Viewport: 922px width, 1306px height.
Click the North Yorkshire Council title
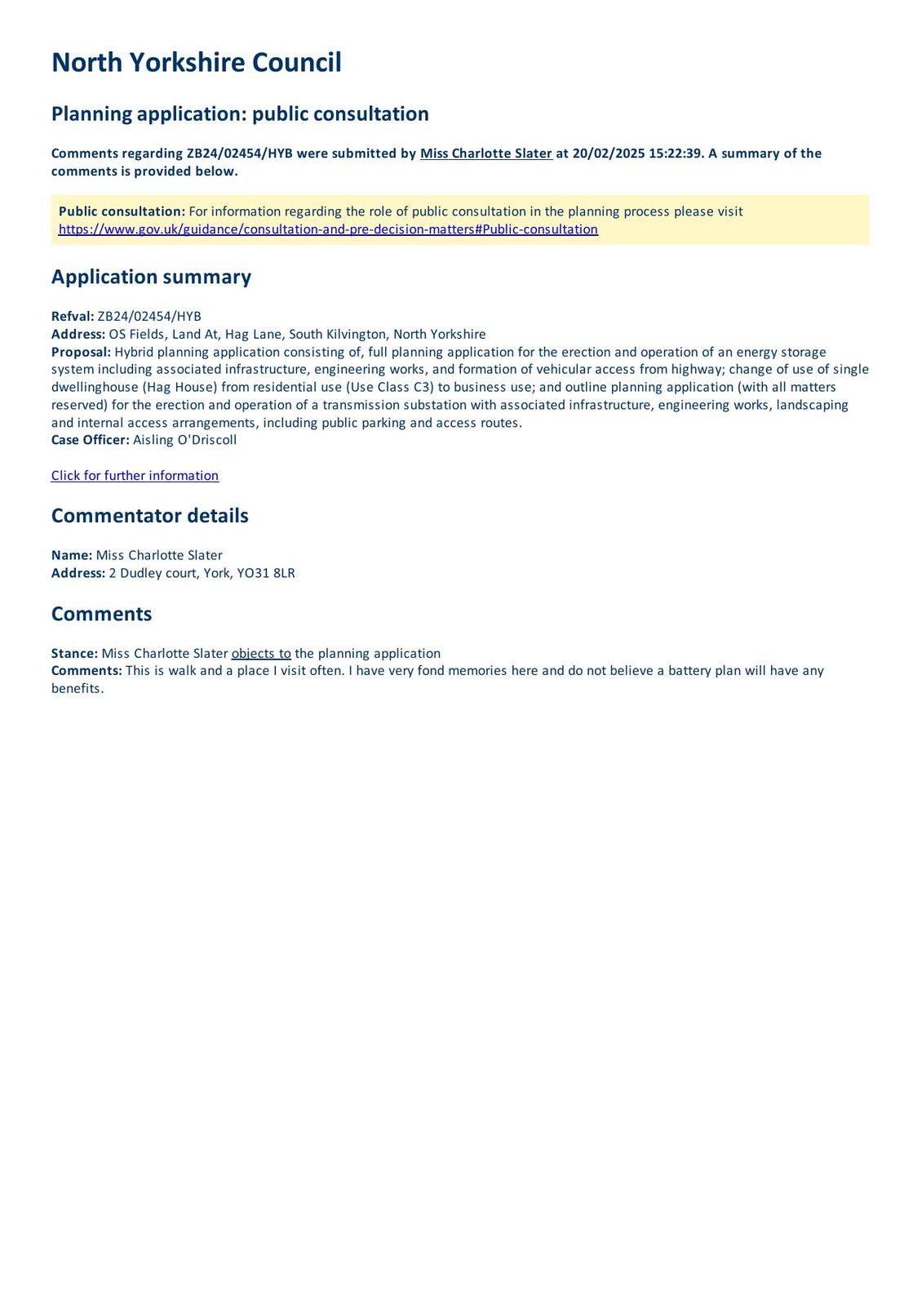(x=196, y=63)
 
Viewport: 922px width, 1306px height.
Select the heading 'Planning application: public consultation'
(x=240, y=113)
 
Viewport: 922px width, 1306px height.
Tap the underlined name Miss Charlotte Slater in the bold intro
(x=485, y=153)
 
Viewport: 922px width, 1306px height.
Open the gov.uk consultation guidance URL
(x=328, y=229)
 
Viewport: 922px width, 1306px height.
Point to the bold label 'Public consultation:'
(x=122, y=211)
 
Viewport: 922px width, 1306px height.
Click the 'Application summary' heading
(x=151, y=277)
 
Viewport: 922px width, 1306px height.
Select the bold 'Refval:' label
(x=73, y=317)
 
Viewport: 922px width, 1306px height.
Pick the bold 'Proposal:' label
(x=81, y=352)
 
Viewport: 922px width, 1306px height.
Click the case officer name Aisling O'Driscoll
(x=184, y=440)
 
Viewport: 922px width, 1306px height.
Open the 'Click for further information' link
(x=135, y=476)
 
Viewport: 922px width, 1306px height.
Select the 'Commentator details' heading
(x=149, y=516)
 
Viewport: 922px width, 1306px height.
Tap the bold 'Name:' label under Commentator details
(x=72, y=555)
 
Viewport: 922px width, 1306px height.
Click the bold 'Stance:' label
(x=74, y=653)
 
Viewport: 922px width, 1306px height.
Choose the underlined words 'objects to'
(x=261, y=653)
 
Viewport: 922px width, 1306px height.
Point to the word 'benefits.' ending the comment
(x=78, y=688)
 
